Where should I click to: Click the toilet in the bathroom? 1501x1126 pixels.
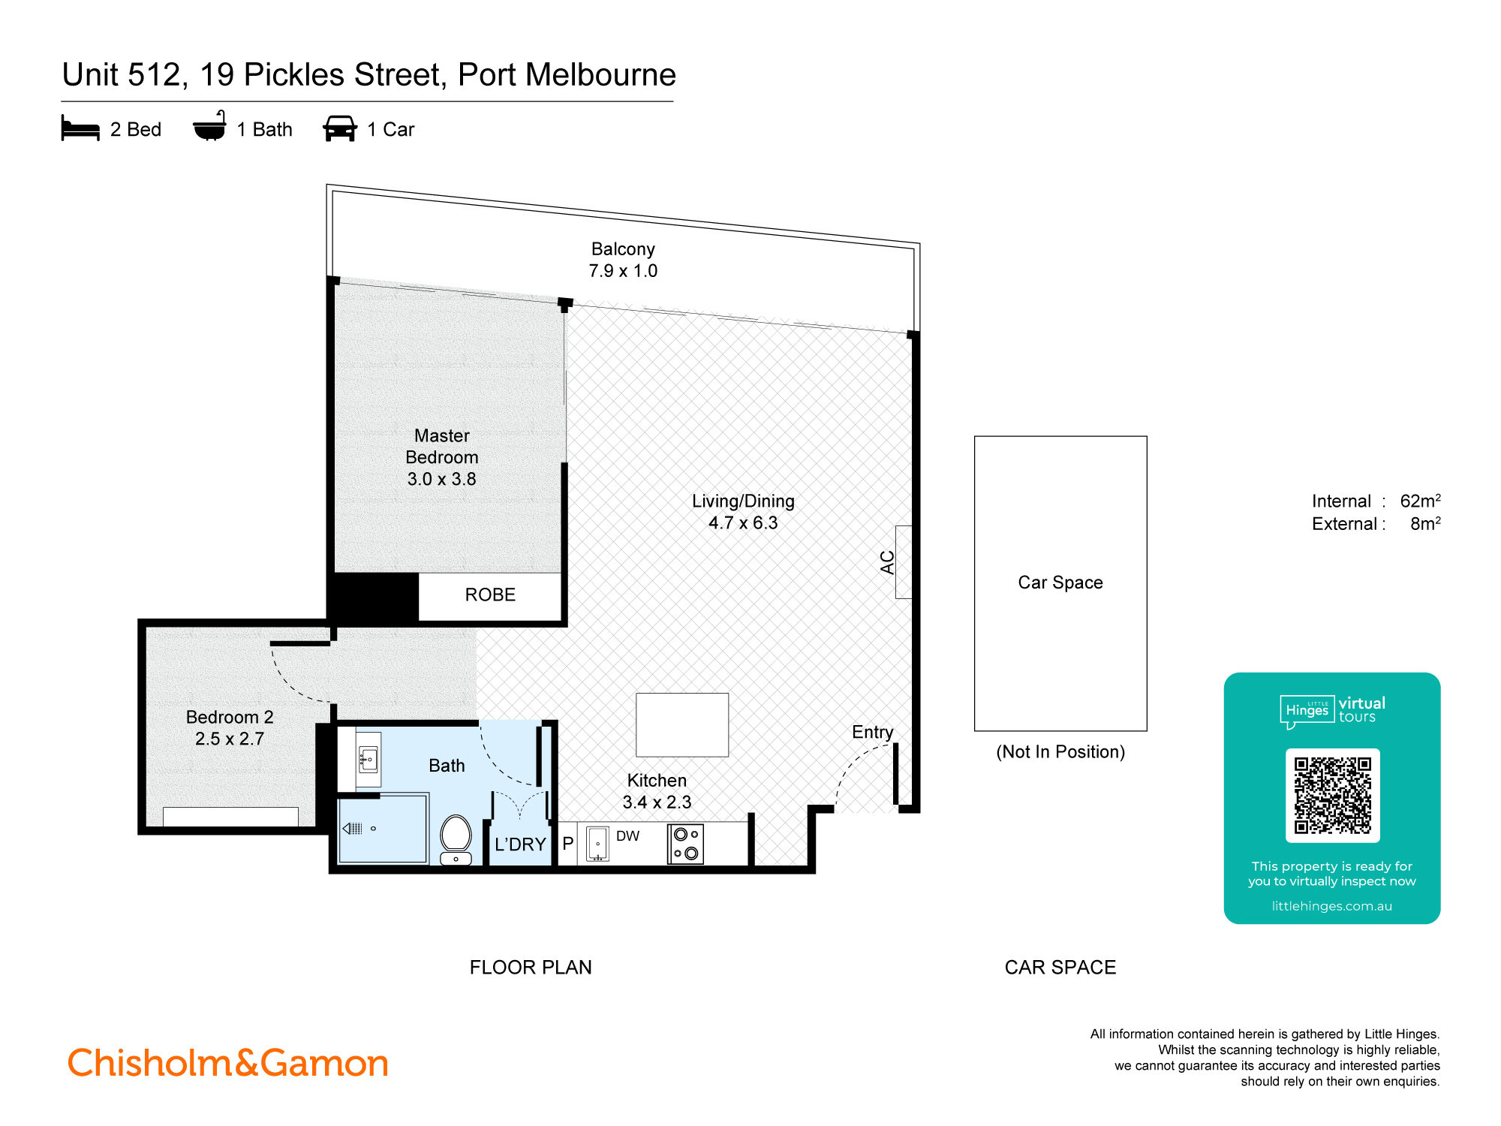pyautogui.click(x=456, y=838)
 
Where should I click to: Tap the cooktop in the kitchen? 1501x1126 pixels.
pyautogui.click(x=685, y=844)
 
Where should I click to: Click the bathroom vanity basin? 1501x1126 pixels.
pyautogui.click(x=368, y=759)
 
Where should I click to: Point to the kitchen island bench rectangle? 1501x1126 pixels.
pyautogui.click(x=681, y=724)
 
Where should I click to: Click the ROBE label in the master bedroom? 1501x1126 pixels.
pyautogui.click(x=490, y=595)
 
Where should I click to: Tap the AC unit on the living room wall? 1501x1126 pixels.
pyautogui.click(x=903, y=561)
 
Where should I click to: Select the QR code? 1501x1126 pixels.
pyautogui.click(x=1332, y=795)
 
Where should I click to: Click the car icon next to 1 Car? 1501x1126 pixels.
pyautogui.click(x=340, y=128)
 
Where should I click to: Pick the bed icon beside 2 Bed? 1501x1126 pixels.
pyautogui.click(x=80, y=128)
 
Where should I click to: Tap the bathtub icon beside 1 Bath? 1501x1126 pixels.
pyautogui.click(x=209, y=127)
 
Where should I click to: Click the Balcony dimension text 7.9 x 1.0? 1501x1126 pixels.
pyautogui.click(x=623, y=271)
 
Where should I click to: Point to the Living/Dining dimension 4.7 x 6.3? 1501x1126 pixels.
pyautogui.click(x=743, y=523)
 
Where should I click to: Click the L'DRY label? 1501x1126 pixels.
pyautogui.click(x=520, y=844)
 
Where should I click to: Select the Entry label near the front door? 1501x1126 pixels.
pyautogui.click(x=872, y=732)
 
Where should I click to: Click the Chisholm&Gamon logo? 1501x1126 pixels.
pyautogui.click(x=228, y=1063)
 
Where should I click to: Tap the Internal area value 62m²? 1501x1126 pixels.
pyautogui.click(x=1420, y=501)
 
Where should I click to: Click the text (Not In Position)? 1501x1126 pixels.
pyautogui.click(x=1060, y=752)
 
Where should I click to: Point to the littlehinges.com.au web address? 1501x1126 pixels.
pyautogui.click(x=1331, y=906)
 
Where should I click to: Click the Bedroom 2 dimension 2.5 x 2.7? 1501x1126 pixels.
pyautogui.click(x=230, y=739)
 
